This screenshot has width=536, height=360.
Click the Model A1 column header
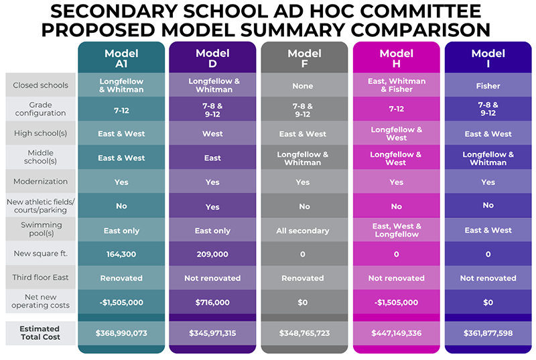(121, 58)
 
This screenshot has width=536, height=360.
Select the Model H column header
(396, 58)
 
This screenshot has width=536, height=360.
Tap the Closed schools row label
(40, 85)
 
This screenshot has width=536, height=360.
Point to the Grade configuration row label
(40, 109)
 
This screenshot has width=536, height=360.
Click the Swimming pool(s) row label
(40, 230)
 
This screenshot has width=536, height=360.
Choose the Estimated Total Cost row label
(40, 333)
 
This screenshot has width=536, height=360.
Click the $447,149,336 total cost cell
(396, 333)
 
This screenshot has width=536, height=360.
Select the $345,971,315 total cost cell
(212, 333)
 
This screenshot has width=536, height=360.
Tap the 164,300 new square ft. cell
(121, 254)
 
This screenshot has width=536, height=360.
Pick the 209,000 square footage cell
(212, 254)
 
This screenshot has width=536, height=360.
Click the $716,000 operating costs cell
(212, 302)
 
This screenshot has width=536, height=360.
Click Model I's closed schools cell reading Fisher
(488, 85)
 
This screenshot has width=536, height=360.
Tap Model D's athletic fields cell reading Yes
(212, 206)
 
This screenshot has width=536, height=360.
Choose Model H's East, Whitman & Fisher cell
(396, 85)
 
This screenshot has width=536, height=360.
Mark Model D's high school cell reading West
(212, 134)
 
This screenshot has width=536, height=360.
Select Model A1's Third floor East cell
(121, 278)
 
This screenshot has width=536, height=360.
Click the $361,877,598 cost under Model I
(488, 333)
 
